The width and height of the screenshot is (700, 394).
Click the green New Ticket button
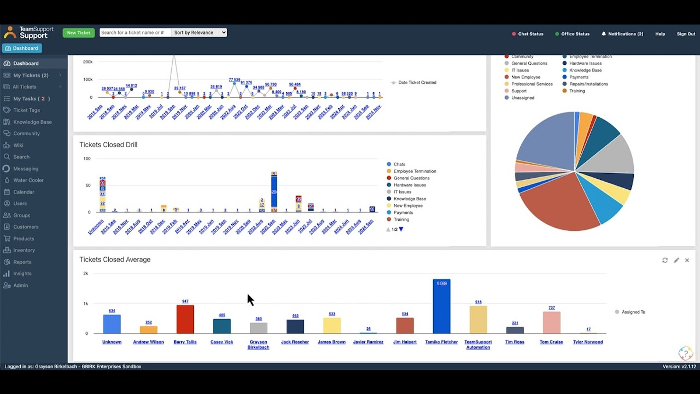pyautogui.click(x=79, y=33)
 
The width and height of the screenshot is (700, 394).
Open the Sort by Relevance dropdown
pyautogui.click(x=199, y=33)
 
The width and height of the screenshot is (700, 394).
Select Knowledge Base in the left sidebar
pyautogui.click(x=32, y=122)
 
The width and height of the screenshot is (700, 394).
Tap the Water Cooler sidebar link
pyautogui.click(x=28, y=180)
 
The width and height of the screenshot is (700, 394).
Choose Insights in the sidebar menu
pyautogui.click(x=22, y=273)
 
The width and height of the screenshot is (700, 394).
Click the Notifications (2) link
pyautogui.click(x=622, y=34)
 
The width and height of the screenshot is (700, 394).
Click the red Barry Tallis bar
pyautogui.click(x=185, y=319)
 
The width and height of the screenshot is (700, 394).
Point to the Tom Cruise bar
pyautogui.click(x=551, y=323)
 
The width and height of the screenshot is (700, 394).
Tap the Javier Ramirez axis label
pyautogui.click(x=368, y=342)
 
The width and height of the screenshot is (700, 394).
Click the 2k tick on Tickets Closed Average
pyautogui.click(x=86, y=273)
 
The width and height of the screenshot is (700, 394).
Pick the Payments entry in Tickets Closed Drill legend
pyautogui.click(x=403, y=213)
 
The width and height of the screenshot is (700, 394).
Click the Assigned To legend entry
pyautogui.click(x=633, y=312)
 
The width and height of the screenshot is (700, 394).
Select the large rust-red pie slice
pyautogui.click(x=558, y=203)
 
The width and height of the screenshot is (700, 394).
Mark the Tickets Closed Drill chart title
pyautogui.click(x=108, y=145)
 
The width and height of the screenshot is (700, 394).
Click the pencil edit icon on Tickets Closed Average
pyautogui.click(x=676, y=260)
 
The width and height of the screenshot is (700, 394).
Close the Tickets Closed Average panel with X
pyautogui.click(x=687, y=260)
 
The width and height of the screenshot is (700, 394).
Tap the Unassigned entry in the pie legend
pyautogui.click(x=522, y=98)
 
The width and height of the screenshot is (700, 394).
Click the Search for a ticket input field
pyautogui.click(x=135, y=33)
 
